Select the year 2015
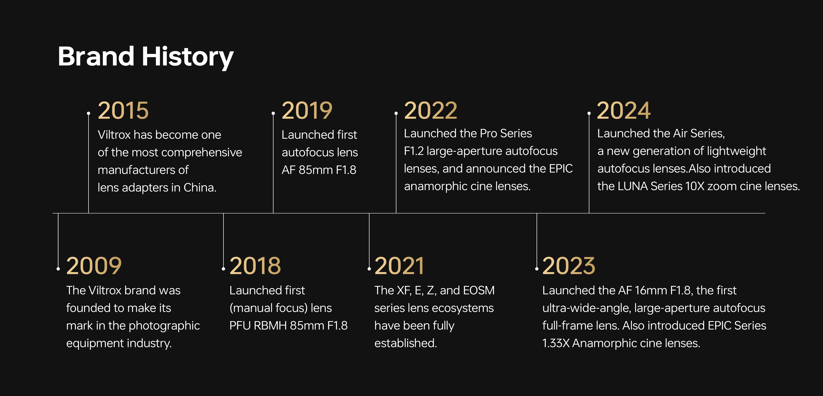point(123,111)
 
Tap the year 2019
point(307,111)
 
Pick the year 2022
point(431,111)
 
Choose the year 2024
point(624,111)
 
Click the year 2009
point(94,266)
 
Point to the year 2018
point(255,266)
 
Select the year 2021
point(399,266)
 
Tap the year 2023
point(569,266)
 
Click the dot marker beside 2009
point(58,269)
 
